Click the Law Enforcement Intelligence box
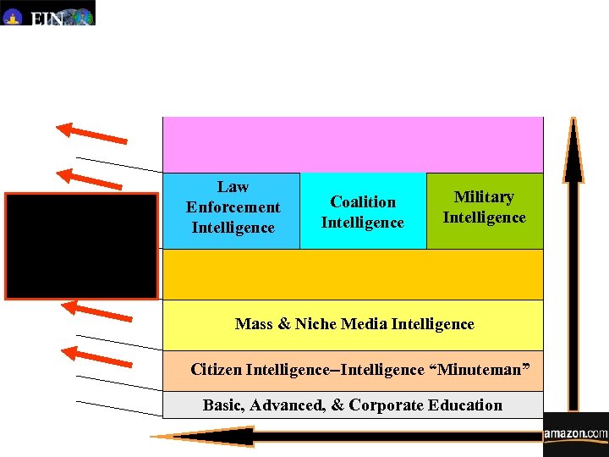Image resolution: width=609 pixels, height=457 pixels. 232,208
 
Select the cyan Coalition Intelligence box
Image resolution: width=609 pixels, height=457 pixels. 363,212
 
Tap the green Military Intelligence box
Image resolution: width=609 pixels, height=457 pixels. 485,208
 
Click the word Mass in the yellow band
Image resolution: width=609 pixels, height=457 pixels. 253,324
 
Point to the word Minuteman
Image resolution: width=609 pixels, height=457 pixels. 480,370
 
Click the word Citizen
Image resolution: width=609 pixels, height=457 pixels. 217,370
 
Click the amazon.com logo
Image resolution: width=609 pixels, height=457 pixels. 575,434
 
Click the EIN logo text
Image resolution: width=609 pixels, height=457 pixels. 47,18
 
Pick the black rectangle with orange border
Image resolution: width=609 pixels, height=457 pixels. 81,246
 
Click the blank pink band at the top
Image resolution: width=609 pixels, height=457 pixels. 353,145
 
